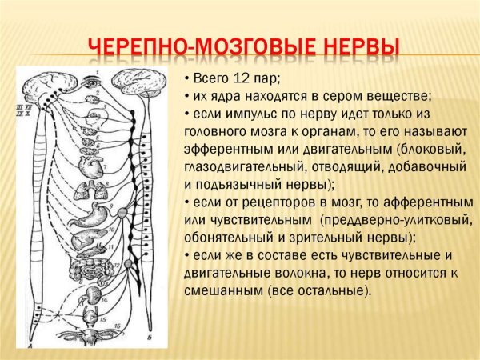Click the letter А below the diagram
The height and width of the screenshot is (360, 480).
(x=29, y=346)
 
